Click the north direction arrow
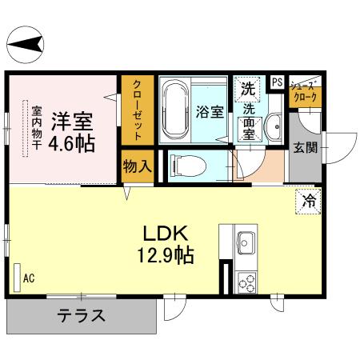tap(26, 41)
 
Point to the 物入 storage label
tap(137, 166)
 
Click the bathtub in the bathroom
tap(173, 110)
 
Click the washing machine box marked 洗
tap(246, 89)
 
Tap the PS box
tap(277, 82)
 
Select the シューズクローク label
tap(305, 91)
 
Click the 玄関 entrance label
tap(304, 147)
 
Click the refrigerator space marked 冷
tap(307, 202)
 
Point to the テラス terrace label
tap(81, 315)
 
